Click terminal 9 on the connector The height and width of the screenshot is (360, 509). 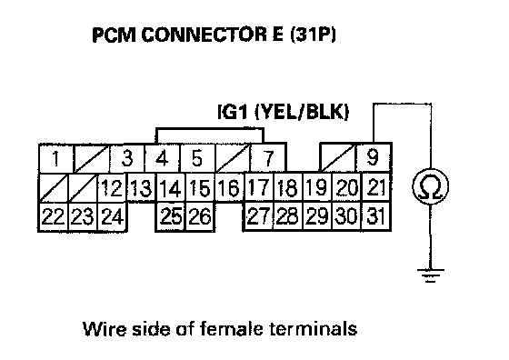[374, 158]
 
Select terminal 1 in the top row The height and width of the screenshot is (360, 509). [56, 159]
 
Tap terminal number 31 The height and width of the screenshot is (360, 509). [376, 216]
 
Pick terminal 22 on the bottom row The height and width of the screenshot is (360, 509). [54, 216]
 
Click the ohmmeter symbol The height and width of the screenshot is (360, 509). [431, 186]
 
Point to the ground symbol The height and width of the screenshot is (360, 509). [431, 275]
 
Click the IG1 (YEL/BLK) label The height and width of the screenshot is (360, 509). [283, 113]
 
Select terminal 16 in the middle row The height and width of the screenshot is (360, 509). [229, 188]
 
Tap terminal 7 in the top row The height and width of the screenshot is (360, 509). [268, 158]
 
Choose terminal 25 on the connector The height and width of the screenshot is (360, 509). [171, 216]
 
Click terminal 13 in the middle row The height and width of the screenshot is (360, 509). [141, 188]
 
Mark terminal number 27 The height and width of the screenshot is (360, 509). [258, 216]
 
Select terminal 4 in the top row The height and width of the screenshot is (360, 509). [162, 158]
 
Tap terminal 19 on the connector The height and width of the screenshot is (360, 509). [317, 188]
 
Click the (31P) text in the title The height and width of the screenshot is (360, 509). [313, 35]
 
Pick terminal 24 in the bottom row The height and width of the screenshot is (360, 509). [113, 216]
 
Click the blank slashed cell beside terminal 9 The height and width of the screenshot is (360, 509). [338, 158]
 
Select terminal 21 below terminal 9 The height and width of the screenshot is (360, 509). [376, 187]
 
